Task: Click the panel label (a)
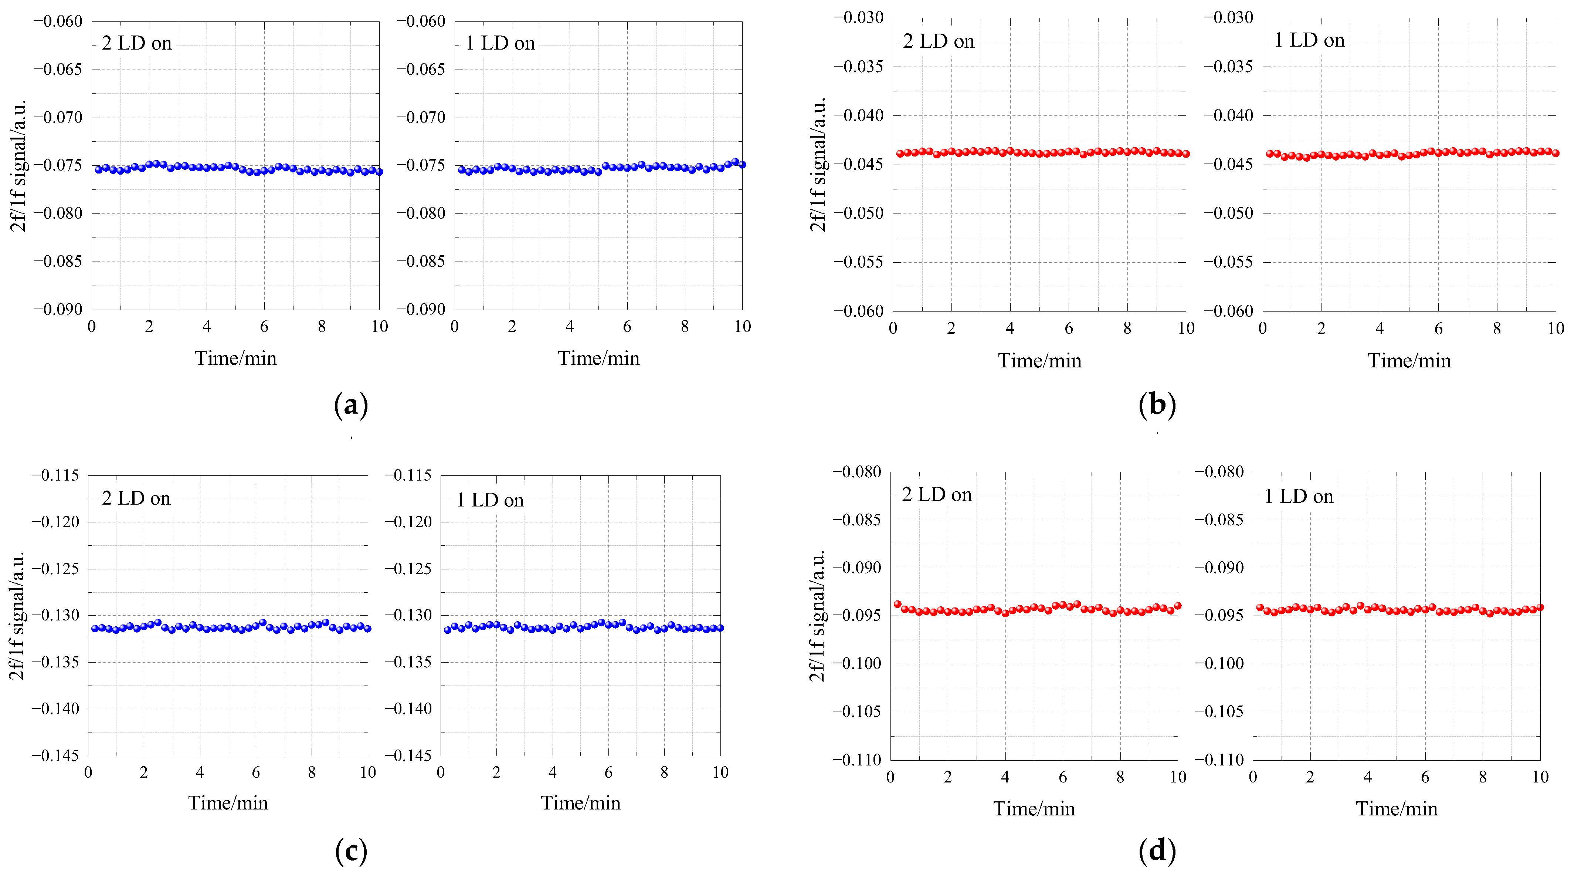click(x=351, y=405)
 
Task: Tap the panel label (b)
click(x=1157, y=405)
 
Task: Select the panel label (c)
click(x=351, y=851)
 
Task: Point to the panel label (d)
click(x=1157, y=851)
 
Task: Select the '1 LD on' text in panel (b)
click(x=1309, y=40)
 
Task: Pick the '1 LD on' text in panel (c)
click(x=490, y=501)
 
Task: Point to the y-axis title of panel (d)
click(x=817, y=616)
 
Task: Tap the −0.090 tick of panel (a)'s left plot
click(x=58, y=309)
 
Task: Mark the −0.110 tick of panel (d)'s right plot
click(x=1218, y=760)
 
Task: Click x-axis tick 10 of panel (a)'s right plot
click(x=742, y=326)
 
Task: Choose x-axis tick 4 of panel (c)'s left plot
click(x=200, y=772)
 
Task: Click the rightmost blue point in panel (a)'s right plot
click(x=742, y=165)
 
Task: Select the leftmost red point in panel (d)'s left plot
click(x=897, y=604)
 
